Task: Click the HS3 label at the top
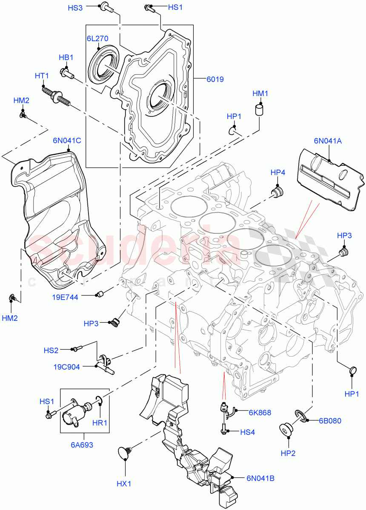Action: click(x=75, y=8)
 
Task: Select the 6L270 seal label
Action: click(x=98, y=38)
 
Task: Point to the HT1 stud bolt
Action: click(x=55, y=95)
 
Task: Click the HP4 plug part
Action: click(x=278, y=192)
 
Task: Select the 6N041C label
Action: click(x=67, y=140)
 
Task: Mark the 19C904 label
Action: click(x=67, y=367)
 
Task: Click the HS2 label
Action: click(x=51, y=351)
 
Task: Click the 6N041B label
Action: click(x=260, y=478)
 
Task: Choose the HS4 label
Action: click(x=247, y=432)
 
